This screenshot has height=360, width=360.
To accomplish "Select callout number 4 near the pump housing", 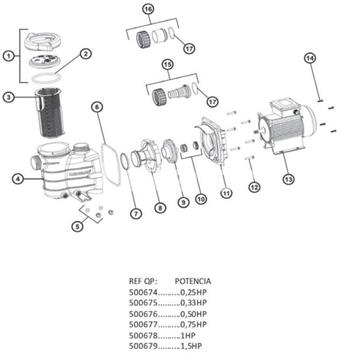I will [17, 180].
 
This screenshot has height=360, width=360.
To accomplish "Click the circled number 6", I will [96, 106].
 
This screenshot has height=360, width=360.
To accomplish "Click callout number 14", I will [309, 61].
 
